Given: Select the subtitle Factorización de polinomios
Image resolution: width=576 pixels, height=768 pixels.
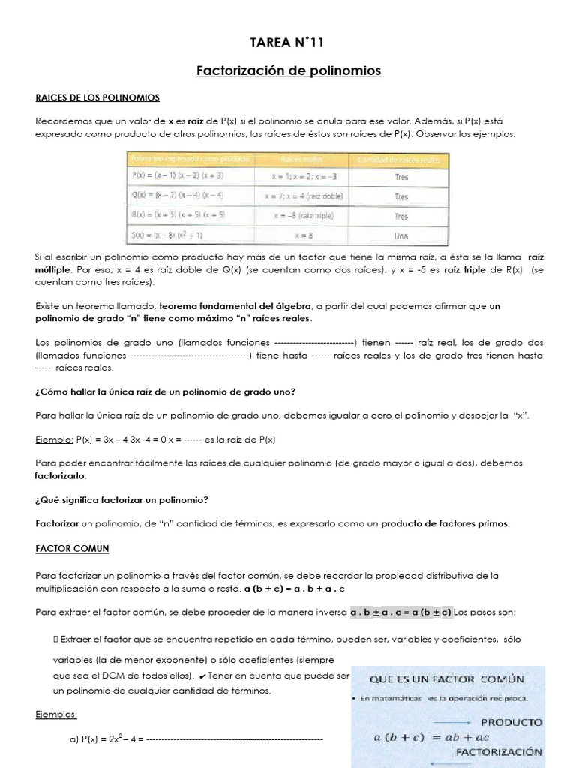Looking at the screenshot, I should [x=288, y=71].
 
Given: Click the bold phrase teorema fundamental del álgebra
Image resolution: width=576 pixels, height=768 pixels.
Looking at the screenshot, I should [x=236, y=306].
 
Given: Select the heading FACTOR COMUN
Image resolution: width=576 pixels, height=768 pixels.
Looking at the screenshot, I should [x=72, y=548].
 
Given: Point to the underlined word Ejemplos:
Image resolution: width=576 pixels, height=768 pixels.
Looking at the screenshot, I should [x=56, y=715].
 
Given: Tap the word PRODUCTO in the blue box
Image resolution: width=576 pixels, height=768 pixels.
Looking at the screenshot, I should [x=511, y=721].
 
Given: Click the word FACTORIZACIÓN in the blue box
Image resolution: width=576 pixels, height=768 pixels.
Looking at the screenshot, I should [x=499, y=751].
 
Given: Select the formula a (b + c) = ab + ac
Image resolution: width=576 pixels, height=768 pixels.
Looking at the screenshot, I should [x=427, y=737].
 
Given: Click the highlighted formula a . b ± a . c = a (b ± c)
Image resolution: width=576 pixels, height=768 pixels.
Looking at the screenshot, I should [x=400, y=612].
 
